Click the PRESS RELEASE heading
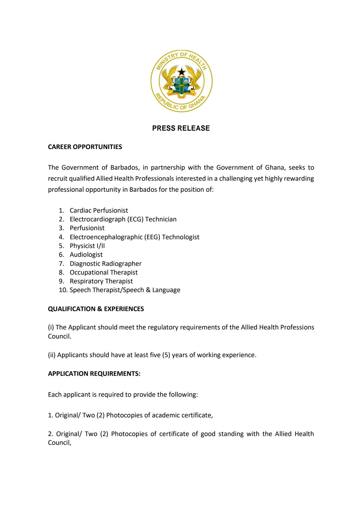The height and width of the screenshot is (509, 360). point(181,128)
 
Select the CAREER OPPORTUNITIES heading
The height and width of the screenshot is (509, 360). point(85,147)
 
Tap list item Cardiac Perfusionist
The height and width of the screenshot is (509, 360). point(99,210)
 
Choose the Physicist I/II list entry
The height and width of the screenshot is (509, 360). point(87,246)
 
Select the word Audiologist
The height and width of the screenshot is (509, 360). point(86,255)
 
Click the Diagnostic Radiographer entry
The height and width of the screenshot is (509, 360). point(105,264)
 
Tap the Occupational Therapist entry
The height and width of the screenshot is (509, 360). point(104,272)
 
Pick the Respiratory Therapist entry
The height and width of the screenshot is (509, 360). point(101,281)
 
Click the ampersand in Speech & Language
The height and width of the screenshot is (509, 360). point(148,290)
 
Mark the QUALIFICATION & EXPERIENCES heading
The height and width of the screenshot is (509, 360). point(96,309)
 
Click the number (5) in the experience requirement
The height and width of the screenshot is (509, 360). point(166,355)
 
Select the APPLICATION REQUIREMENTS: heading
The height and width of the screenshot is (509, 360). point(94,374)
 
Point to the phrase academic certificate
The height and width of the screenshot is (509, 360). point(182,415)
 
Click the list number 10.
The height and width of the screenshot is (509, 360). point(62,290)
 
